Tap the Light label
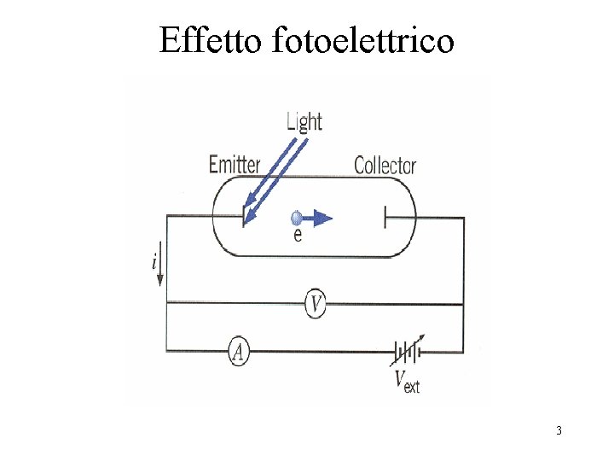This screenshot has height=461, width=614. point(304,121)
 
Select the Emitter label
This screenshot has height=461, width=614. point(235,163)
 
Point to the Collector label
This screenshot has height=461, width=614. point(385,165)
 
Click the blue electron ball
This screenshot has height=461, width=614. point(296,218)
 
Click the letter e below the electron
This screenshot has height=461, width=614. point(297,236)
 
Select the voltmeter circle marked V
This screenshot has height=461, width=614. point(315,303)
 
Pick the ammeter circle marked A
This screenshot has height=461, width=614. point(239,351)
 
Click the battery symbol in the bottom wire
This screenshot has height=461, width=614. point(406,351)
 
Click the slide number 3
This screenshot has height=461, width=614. point(559,430)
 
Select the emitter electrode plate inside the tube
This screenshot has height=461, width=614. point(243,215)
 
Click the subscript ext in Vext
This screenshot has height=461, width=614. point(412,386)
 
